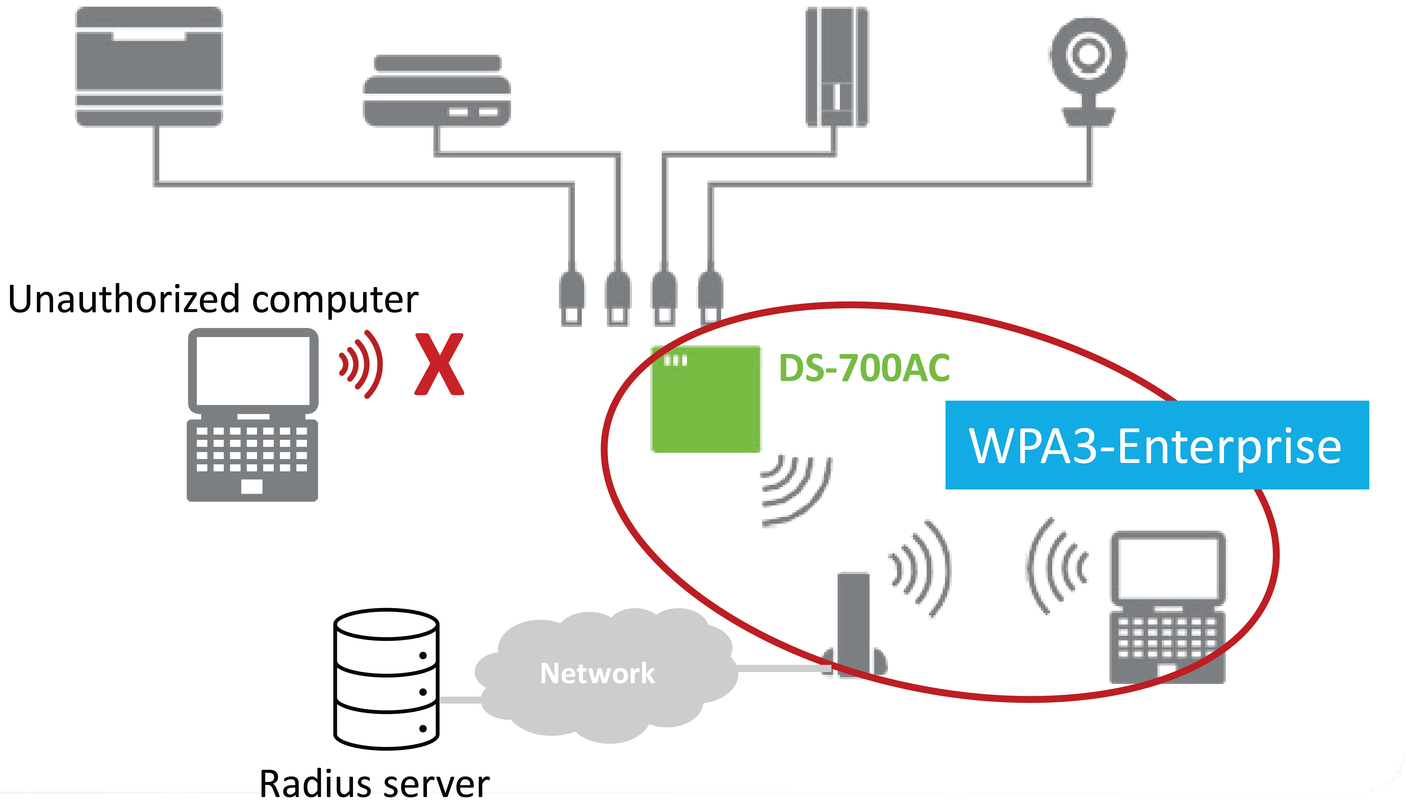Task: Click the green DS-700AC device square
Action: (705, 399)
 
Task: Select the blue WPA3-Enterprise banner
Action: (1157, 445)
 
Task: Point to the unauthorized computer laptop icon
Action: (253, 415)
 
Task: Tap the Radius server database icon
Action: (387, 679)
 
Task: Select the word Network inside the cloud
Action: (597, 674)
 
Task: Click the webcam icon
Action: (1088, 69)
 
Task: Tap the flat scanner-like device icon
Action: (437, 91)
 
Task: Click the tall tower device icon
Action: (836, 66)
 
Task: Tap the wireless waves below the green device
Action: (796, 489)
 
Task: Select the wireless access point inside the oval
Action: (854, 625)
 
